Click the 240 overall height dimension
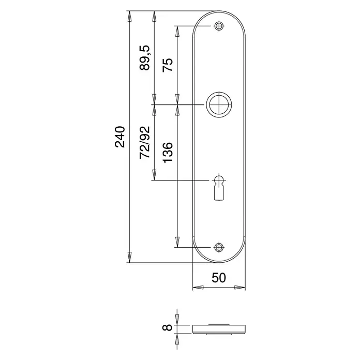tap(120, 137)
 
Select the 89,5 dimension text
tap(145, 57)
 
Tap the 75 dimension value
tap(168, 65)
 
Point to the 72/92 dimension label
tap(145, 142)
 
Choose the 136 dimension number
tap(168, 153)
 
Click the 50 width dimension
tap(219, 278)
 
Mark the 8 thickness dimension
tap(168, 327)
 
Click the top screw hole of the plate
tap(219, 26)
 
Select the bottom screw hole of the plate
tap(219, 247)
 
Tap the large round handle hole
tap(219, 104)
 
